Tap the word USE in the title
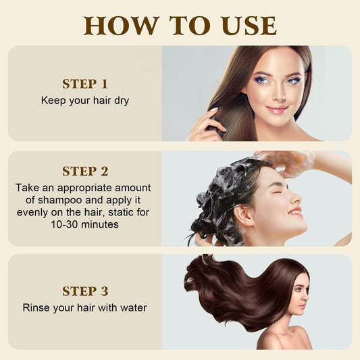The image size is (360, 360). coord(243,25)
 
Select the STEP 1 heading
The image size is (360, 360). coord(85,84)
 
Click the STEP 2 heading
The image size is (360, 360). coord(85,171)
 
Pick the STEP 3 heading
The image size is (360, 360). coord(85,291)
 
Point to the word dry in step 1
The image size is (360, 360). coord(120,100)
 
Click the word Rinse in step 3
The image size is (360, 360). coord(37,307)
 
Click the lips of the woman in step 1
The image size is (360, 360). coord(276,109)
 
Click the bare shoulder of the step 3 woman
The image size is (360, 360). coord(273,338)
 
